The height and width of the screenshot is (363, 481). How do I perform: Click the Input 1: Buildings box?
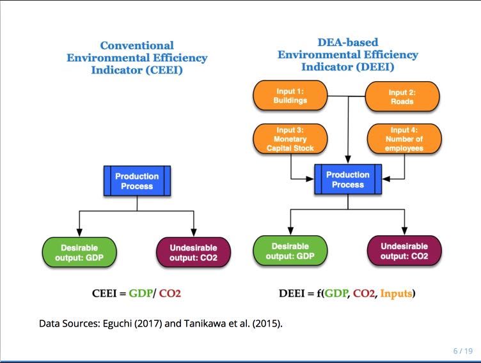click(291, 96)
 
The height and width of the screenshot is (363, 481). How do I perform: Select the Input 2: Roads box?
click(402, 97)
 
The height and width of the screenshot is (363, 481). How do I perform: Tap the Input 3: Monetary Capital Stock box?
click(291, 139)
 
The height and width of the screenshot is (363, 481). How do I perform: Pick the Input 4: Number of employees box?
click(404, 139)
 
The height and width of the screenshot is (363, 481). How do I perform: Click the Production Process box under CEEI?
click(137, 181)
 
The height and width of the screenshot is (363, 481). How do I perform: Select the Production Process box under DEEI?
click(347, 179)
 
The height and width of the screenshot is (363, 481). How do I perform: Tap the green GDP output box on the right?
click(290, 251)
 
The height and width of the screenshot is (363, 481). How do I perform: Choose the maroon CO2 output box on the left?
click(193, 252)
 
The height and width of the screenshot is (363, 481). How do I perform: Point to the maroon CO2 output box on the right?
click(404, 251)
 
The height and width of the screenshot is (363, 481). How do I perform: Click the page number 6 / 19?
click(462, 351)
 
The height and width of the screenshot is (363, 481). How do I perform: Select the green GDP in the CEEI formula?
click(141, 294)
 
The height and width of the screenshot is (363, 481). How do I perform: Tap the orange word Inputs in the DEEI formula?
click(397, 294)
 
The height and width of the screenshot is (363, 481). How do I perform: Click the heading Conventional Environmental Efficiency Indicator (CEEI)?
click(137, 58)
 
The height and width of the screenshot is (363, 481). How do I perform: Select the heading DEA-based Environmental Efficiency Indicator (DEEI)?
click(347, 55)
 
